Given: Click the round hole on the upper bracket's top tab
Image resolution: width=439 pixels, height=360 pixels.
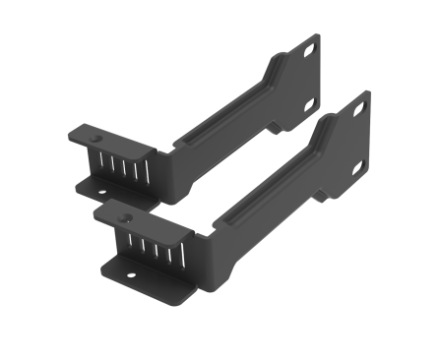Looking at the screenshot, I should pyautogui.click(x=79, y=134).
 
